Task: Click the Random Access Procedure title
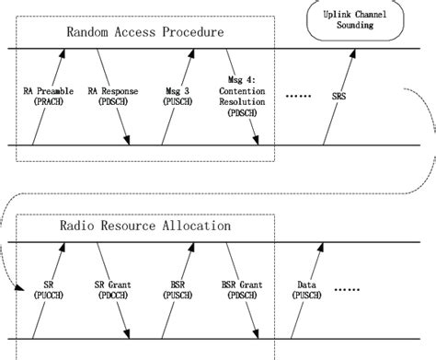click(147, 34)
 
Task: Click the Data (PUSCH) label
click(310, 292)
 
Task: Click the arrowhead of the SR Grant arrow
click(127, 335)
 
